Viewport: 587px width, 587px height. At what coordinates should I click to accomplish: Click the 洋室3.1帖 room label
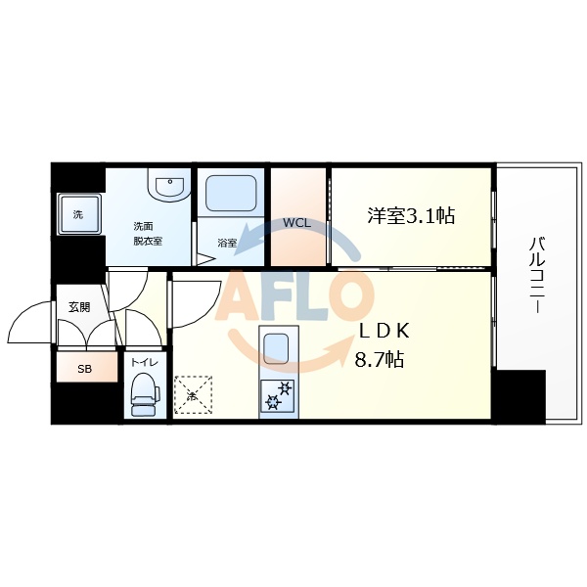click(411, 216)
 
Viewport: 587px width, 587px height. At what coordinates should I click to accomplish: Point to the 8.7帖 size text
click(380, 360)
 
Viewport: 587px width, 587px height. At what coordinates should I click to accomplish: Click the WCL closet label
click(296, 223)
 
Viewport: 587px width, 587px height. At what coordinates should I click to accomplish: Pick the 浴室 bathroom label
click(227, 242)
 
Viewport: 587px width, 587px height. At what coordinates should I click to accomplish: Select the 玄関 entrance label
click(79, 307)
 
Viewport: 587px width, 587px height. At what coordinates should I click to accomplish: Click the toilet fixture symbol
click(145, 393)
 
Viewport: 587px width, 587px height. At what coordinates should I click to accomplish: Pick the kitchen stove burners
click(278, 396)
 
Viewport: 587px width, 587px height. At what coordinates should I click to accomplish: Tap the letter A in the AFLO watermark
click(245, 296)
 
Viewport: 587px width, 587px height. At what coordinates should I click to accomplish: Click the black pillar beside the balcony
click(519, 396)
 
